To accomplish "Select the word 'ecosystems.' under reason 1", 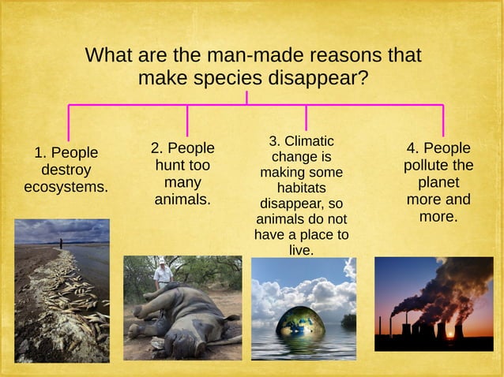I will pos(66,188).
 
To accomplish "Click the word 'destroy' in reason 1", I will pos(66,170).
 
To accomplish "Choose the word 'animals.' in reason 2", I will pos(182,200).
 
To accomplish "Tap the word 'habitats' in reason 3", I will pos(301,188).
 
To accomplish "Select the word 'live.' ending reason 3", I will pos(301,250).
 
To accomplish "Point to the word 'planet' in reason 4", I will pos(438,182).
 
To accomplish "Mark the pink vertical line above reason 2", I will pos(187,120).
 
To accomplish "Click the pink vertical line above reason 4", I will pos(443,120).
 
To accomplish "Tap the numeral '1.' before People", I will pos(39,152).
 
